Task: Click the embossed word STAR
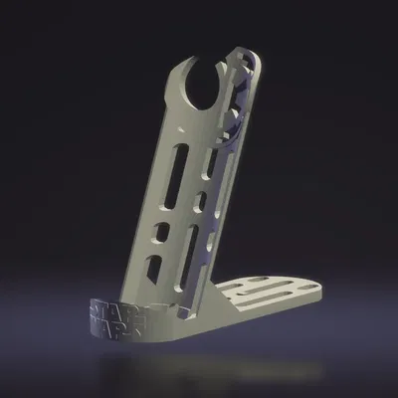103,309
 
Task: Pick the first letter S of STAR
94,307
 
